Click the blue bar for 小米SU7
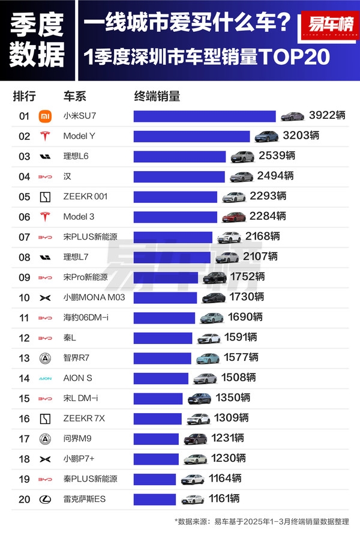pyautogui.click(x=204, y=116)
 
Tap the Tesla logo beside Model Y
pyautogui.click(x=45, y=136)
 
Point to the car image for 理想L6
pyautogui.click(x=242, y=157)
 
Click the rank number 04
pyautogui.click(x=24, y=177)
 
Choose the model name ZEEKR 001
pyautogui.click(x=85, y=196)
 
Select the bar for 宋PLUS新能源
pyautogui.click(x=173, y=237)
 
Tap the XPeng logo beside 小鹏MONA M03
pyautogui.click(x=45, y=297)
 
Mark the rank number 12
pyautogui.click(x=24, y=338)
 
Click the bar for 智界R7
pyautogui.click(x=162, y=358)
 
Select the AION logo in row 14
pyautogui.click(x=45, y=378)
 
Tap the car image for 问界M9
pyautogui.click(x=195, y=439)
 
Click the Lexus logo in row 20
pyautogui.click(x=45, y=499)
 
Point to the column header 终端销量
pyautogui.click(x=157, y=96)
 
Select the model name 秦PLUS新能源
pyautogui.click(x=90, y=479)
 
